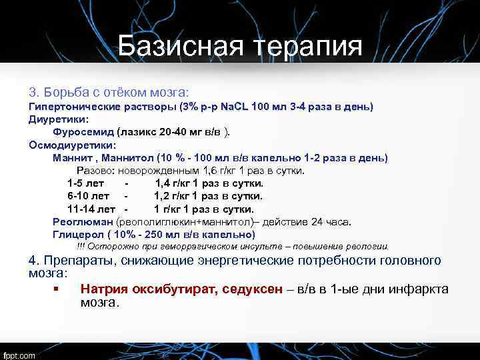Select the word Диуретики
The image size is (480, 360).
[58, 119]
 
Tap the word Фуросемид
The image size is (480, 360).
[83, 132]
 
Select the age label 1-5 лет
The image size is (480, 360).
[86, 183]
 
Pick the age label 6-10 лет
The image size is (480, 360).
[89, 196]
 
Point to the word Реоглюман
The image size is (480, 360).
[83, 222]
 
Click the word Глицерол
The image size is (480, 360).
[79, 235]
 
